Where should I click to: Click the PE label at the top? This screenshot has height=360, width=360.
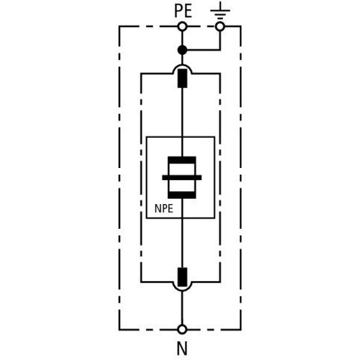183,11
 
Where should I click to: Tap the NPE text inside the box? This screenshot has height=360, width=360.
163,208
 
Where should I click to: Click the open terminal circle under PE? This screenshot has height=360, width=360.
182,26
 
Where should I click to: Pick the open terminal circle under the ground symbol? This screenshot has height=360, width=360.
220,26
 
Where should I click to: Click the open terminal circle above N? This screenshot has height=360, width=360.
182,329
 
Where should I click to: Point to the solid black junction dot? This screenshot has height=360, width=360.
182,50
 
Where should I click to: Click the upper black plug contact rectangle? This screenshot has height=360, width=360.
182,78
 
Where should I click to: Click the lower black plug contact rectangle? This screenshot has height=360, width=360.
182,277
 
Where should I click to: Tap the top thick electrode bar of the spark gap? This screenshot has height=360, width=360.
182,160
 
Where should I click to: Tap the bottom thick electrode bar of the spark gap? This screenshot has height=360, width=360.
182,195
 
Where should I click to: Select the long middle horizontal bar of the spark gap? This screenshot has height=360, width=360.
181,178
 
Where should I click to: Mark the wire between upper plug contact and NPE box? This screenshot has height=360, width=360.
182,112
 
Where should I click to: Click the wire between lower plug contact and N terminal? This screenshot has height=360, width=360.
182,308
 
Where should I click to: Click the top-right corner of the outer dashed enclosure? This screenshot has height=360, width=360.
241,26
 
